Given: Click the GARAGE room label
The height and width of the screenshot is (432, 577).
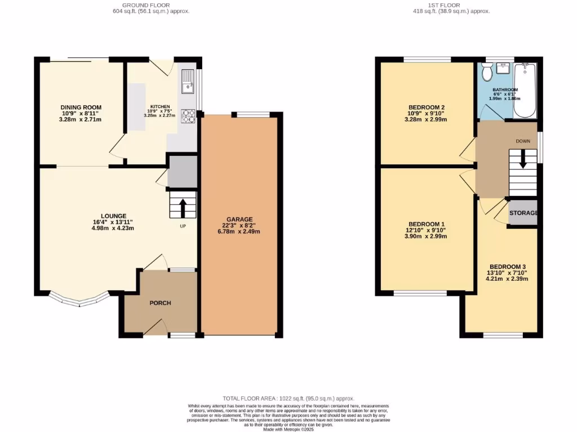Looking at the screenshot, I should tap(239, 219).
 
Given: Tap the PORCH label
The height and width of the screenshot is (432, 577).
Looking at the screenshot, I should tap(160, 303).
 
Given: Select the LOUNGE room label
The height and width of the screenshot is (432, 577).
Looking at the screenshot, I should tap(113, 215).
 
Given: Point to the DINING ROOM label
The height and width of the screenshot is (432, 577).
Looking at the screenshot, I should tap(81, 107).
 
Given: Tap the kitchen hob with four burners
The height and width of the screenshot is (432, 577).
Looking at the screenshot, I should tap(188, 116).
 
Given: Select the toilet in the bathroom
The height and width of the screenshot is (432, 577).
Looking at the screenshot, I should tap(487, 71).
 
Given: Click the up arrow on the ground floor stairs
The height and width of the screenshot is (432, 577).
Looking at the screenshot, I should tap(183, 206).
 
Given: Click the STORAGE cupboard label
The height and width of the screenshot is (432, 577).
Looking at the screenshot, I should tap(523, 213).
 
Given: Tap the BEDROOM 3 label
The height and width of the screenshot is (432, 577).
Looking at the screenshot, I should tap(507, 267).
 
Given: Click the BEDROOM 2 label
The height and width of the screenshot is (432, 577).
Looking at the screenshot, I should tap(427, 107).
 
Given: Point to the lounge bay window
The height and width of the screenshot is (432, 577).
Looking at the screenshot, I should tap(79, 299).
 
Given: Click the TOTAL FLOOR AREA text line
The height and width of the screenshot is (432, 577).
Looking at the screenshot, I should tap(288, 397).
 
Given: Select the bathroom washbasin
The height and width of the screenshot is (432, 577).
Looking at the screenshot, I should tap(503, 69).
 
